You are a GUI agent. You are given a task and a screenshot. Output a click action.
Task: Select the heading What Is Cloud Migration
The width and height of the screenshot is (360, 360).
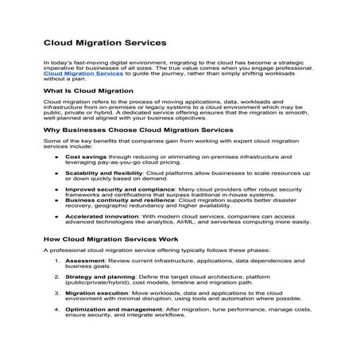[x=87, y=92]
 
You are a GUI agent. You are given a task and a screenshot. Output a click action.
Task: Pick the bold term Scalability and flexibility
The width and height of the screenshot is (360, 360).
[x=103, y=172]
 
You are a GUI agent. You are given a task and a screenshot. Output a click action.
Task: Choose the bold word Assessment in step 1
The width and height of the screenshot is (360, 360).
[x=84, y=260]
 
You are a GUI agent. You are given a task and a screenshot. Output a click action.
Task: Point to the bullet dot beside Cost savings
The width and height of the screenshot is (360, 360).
[x=56, y=157]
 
